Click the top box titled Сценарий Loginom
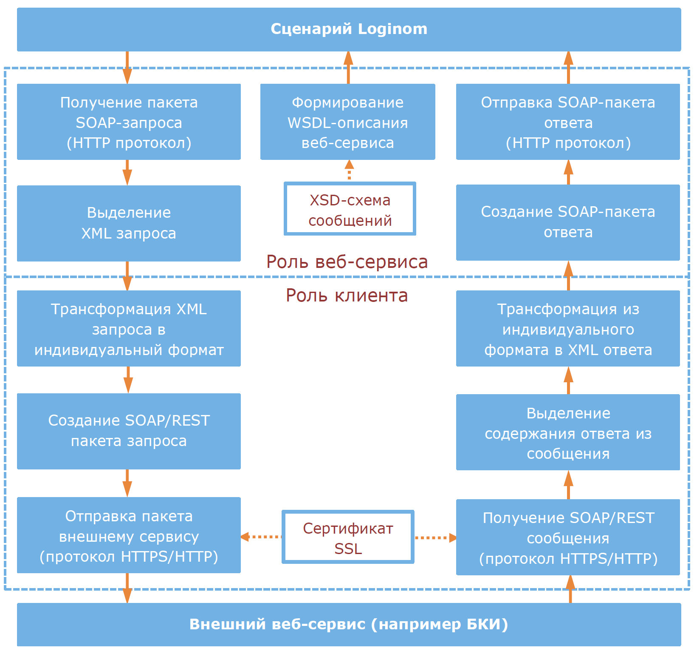pyautogui.click(x=349, y=29)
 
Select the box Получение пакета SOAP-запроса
pyautogui.click(x=129, y=122)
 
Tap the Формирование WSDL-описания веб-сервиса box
pyautogui.click(x=347, y=122)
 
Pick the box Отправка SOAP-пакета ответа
pyautogui.click(x=568, y=122)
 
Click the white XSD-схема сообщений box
pyautogui.click(x=350, y=209)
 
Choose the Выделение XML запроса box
pyautogui.click(x=129, y=223)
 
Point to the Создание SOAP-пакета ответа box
pyautogui.click(x=568, y=222)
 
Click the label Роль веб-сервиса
pyautogui.click(x=347, y=262)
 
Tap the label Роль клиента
pyautogui.click(x=347, y=296)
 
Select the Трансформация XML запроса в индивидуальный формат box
pyautogui.click(x=129, y=329)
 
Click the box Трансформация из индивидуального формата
pyautogui.click(x=568, y=329)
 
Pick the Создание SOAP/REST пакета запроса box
pyautogui.click(x=129, y=431)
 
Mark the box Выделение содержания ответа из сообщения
pyautogui.click(x=568, y=432)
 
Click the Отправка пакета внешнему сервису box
pyautogui.click(x=129, y=535)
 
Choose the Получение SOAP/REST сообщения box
pyautogui.click(x=568, y=537)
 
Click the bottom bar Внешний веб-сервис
pyautogui.click(x=349, y=625)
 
